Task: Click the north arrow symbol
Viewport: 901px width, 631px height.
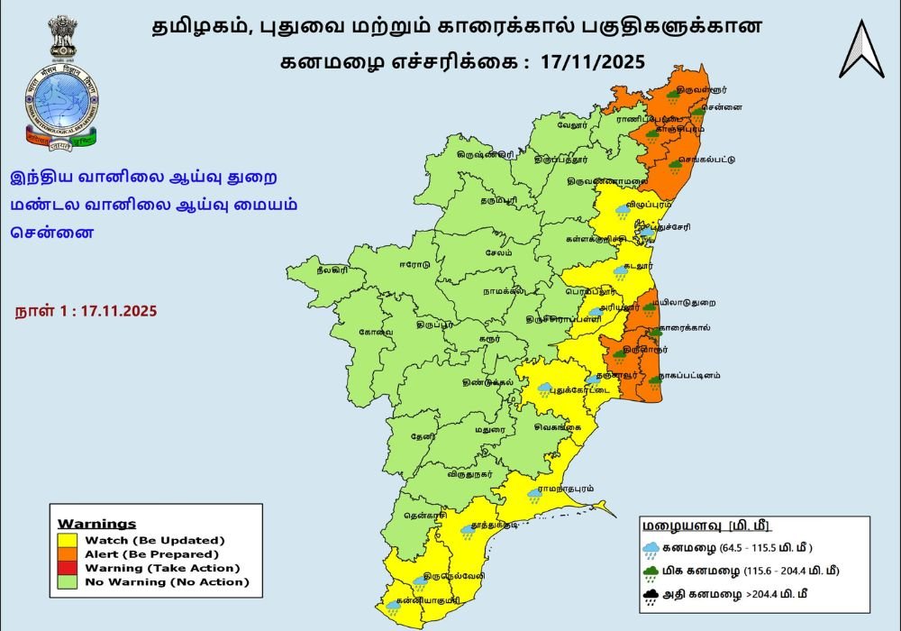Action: point(861,49)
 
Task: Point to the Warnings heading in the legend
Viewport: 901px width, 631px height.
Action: point(96,524)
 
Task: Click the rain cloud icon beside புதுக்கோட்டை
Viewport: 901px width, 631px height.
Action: point(545,389)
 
